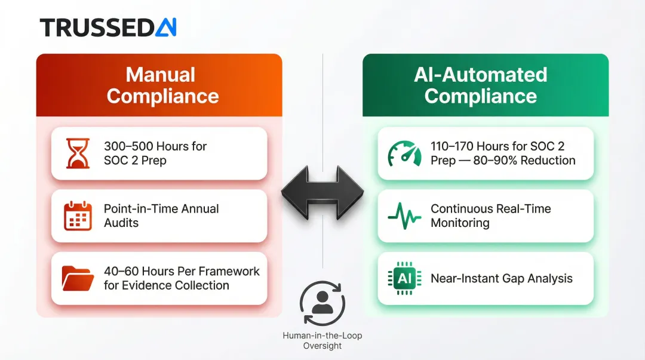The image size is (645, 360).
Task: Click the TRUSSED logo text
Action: point(96,27)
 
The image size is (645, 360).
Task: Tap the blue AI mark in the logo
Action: point(165,27)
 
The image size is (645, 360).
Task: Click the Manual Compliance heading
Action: point(160,85)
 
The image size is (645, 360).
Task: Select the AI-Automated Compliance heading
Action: point(480,85)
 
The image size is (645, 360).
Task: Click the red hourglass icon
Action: point(78,153)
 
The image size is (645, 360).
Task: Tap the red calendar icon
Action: point(78,216)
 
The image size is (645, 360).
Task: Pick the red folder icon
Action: point(78,278)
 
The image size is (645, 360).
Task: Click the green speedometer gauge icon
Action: point(404,153)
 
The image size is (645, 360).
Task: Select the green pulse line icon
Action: point(404,216)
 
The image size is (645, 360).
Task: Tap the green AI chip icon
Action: point(404,278)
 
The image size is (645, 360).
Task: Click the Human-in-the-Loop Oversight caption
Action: point(322,341)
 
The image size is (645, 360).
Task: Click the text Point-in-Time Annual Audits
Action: point(161,216)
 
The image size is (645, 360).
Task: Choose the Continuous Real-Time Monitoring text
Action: point(490,216)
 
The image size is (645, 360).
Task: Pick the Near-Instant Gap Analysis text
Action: point(501,278)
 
